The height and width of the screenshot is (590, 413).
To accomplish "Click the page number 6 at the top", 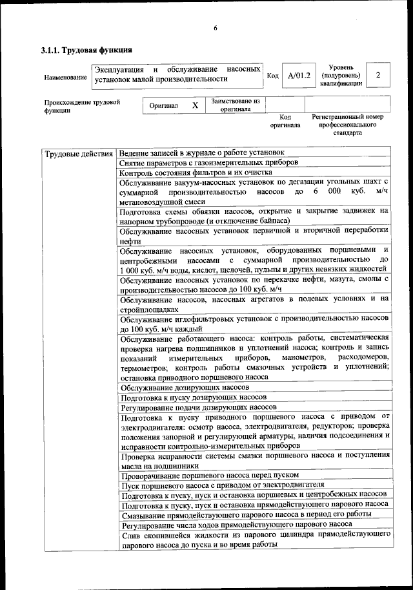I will coord(216,27).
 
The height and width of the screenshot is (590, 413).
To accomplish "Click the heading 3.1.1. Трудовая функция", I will coord(86,50).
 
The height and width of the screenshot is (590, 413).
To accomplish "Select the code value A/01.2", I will coord(299,76).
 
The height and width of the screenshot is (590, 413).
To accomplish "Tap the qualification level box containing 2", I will coord(378,76).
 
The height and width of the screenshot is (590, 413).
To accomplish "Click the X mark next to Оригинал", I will coord(194,105).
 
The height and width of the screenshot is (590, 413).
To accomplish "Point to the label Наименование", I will coord(65,78).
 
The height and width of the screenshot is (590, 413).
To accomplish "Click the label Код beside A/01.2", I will coord(272,76).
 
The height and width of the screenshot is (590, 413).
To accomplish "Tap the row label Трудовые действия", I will coord(78,154).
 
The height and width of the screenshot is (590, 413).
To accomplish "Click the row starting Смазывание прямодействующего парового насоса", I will coord(243,514).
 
